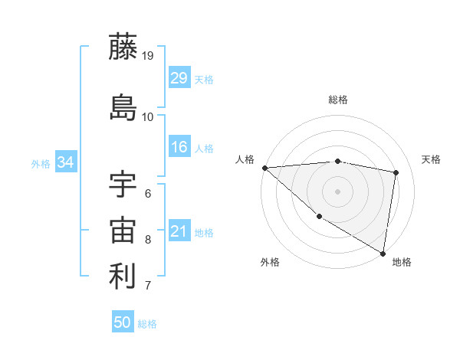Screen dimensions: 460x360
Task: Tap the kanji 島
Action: point(123,106)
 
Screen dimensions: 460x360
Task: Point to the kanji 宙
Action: point(123,231)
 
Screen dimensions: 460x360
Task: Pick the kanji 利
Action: point(123,277)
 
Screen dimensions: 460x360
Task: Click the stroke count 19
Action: point(148,56)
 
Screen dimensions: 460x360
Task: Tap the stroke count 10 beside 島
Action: point(148,116)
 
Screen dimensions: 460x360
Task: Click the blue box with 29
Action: point(179,78)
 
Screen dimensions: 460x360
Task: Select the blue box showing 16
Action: point(179,148)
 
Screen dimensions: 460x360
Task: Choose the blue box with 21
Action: point(179,231)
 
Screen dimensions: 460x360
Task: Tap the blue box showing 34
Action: point(65,162)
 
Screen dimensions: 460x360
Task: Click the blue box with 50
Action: point(123,322)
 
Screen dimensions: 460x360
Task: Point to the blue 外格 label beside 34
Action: point(41,163)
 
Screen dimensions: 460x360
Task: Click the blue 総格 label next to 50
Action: point(147,324)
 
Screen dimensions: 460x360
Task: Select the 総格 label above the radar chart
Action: point(338,100)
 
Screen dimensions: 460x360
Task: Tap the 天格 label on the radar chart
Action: point(431,159)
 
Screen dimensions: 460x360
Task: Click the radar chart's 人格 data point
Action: point(264,168)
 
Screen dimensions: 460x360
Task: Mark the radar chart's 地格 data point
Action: point(383,253)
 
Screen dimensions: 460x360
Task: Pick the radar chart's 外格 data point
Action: point(319,216)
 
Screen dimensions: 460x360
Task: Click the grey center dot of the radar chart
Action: point(338,191)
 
